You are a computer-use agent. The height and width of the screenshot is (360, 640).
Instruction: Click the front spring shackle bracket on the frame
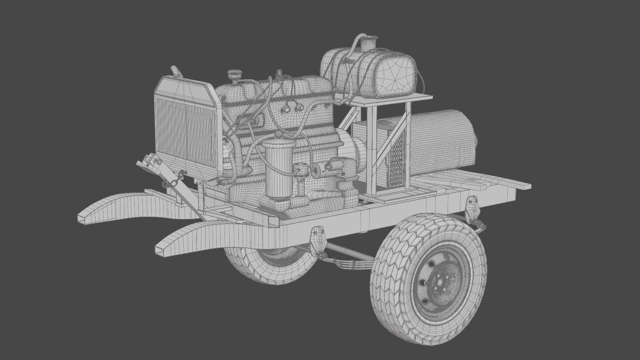click(318, 238)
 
